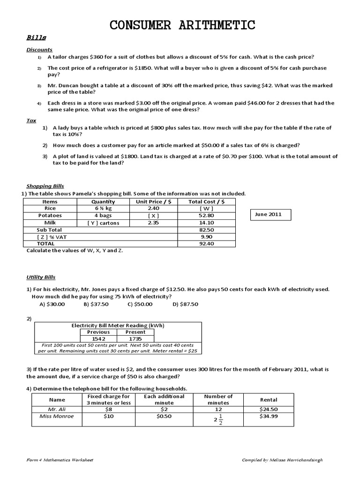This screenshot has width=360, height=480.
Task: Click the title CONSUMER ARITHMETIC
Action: point(183,24)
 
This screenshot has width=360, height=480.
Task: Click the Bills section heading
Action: point(33,38)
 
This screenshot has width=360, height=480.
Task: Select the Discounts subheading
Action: point(39,49)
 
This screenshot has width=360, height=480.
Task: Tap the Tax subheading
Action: point(31,120)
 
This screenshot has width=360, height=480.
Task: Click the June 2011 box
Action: point(270,215)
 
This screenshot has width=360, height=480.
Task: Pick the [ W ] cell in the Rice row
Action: point(206,209)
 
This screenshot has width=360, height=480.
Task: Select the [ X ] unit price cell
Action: point(153,216)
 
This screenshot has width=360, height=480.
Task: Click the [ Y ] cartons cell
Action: point(103,223)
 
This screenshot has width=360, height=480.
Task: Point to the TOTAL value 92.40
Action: point(206,244)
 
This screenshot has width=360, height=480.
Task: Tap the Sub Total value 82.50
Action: point(206,230)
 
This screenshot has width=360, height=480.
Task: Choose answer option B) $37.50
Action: point(96,304)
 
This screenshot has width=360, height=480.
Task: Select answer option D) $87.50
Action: point(185,304)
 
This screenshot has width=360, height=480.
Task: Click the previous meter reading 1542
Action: point(98,338)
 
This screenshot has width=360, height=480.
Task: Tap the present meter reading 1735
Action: point(135,338)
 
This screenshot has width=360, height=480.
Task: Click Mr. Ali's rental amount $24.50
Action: point(268,409)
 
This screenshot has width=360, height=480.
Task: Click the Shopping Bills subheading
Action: point(45,186)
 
